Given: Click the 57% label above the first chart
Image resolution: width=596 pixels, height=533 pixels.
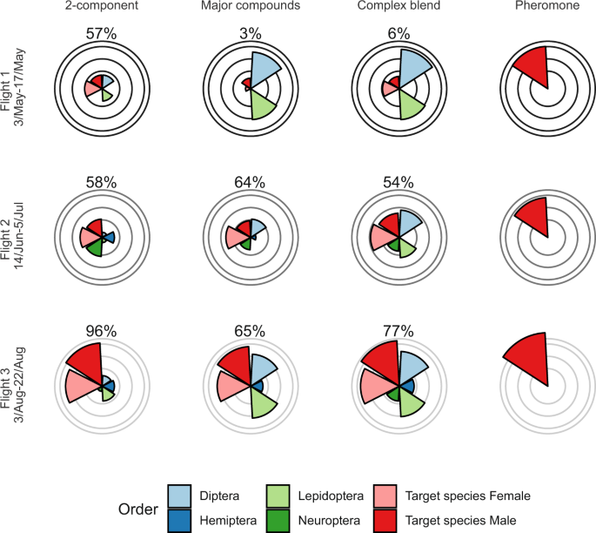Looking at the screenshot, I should pos(101,33).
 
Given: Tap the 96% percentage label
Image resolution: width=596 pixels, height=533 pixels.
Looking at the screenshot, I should pos(101,330).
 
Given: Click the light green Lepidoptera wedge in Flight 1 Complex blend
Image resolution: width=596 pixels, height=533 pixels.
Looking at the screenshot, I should pos(412,105).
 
